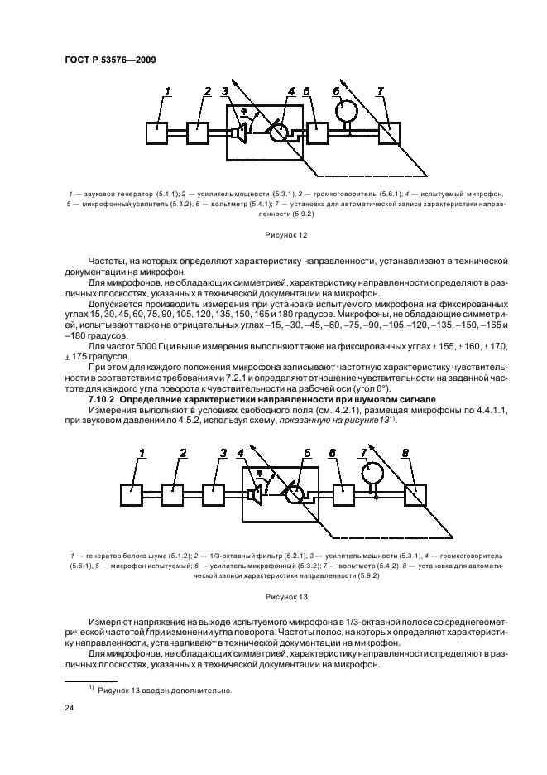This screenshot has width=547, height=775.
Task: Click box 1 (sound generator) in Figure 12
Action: (157, 132)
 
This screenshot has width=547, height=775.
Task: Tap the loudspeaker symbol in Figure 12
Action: (239, 132)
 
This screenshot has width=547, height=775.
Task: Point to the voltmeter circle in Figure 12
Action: (346, 111)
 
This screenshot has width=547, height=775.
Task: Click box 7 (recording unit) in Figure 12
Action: (390, 133)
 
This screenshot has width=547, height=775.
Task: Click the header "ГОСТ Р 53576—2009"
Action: (106, 60)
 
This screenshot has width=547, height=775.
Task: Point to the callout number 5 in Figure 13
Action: (305, 452)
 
